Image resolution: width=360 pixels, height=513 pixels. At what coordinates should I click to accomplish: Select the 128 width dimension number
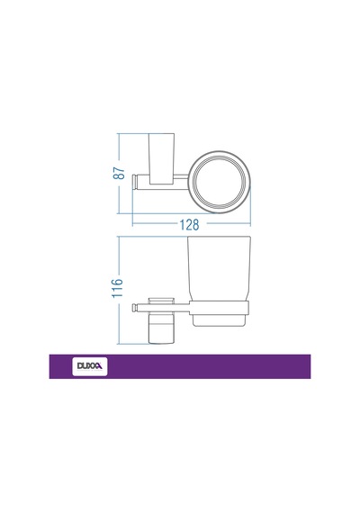(x=189, y=225)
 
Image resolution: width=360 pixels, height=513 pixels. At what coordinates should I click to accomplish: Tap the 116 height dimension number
(x=118, y=288)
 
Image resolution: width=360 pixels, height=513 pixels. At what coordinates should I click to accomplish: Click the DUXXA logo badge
(x=90, y=366)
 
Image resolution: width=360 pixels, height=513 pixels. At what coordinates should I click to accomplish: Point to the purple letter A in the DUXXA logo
(x=99, y=366)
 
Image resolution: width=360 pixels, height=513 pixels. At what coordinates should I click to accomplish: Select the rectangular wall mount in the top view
(x=162, y=159)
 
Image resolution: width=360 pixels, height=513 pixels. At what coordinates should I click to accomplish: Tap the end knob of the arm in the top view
(x=134, y=182)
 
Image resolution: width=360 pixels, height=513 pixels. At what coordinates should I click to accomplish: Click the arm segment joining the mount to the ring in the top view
(x=181, y=179)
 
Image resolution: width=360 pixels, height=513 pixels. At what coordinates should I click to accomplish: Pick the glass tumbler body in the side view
(x=219, y=268)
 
